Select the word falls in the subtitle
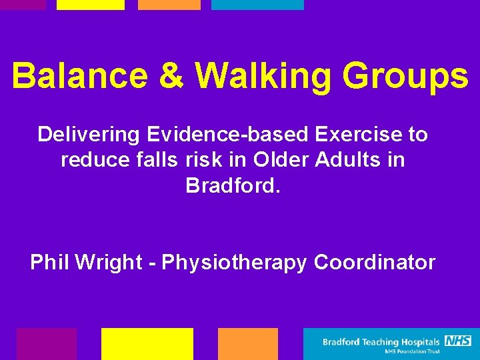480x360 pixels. coord(154,160)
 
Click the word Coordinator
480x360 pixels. coord(374,263)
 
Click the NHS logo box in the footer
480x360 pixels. coord(458,341)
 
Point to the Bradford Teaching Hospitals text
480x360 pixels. coord(381,342)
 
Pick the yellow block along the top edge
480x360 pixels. coord(90,5)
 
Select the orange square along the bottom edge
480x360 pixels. coord(247,343)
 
